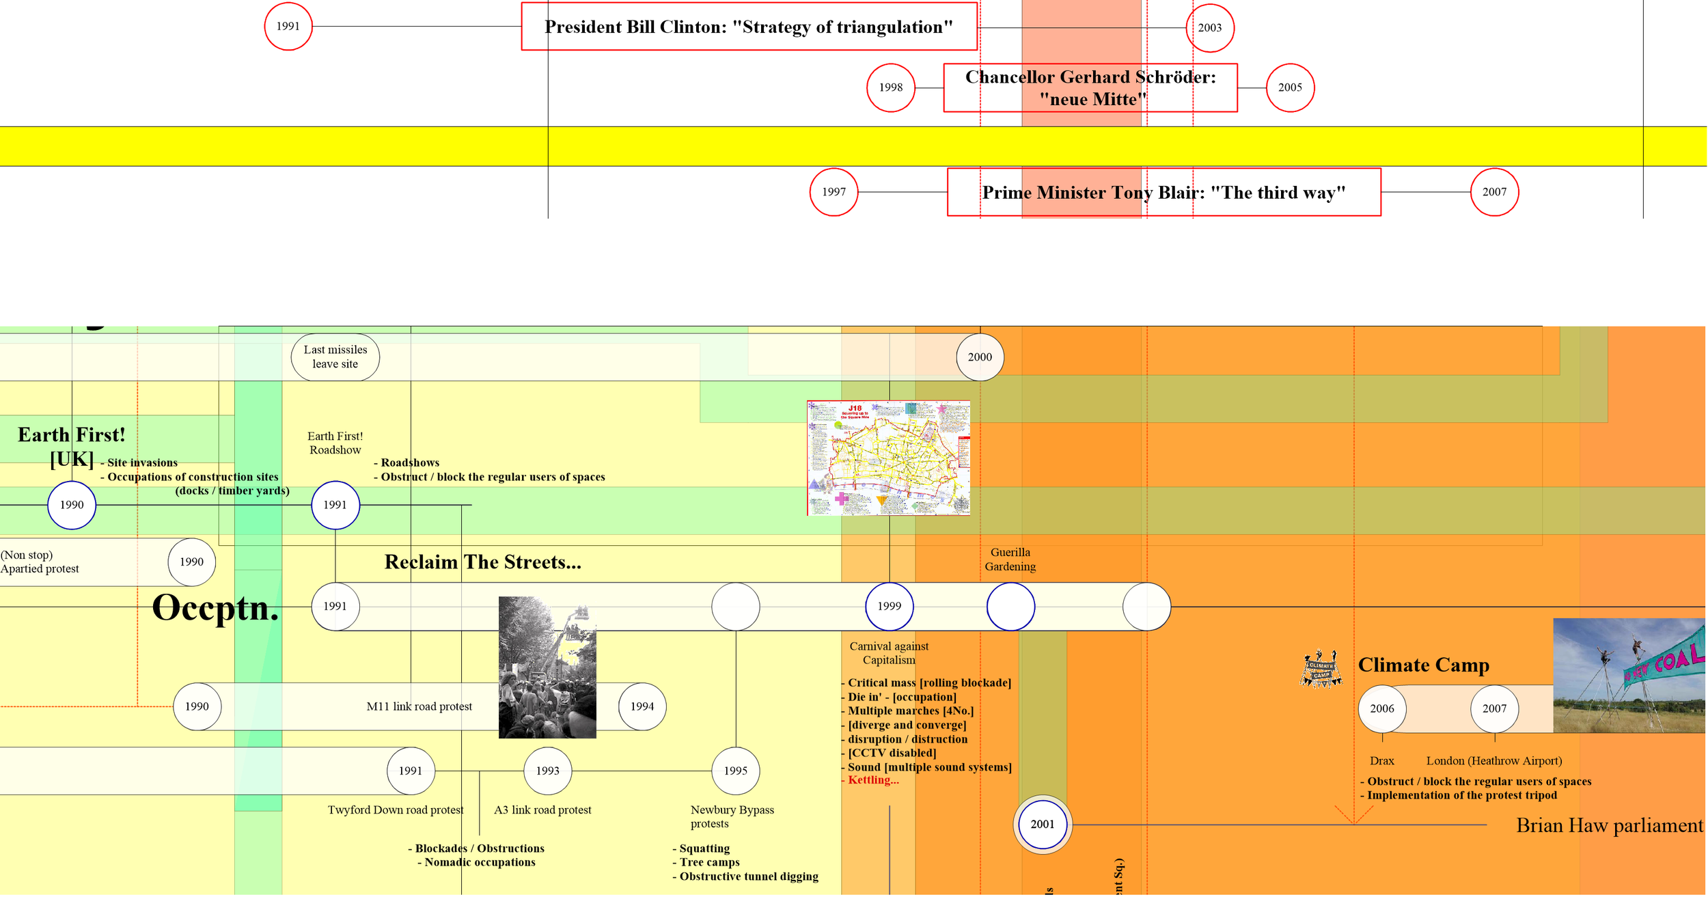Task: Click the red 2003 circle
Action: tap(1210, 28)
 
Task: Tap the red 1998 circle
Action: tap(891, 87)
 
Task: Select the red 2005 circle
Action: tap(1290, 87)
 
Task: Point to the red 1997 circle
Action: tap(834, 192)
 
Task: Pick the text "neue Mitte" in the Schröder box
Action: tap(1092, 100)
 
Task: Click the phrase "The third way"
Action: tap(1278, 193)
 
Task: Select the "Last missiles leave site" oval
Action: tap(335, 357)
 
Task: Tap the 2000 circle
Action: tap(980, 357)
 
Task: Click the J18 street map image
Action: tap(888, 458)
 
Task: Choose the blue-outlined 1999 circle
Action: tap(889, 607)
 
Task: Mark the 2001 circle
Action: tap(1043, 825)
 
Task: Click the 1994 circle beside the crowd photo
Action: tap(642, 707)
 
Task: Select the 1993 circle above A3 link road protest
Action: tap(547, 771)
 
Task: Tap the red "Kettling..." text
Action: tap(873, 781)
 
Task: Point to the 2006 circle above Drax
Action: tap(1382, 709)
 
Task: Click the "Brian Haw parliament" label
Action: tap(1609, 826)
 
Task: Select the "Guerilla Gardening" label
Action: tap(1010, 560)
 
